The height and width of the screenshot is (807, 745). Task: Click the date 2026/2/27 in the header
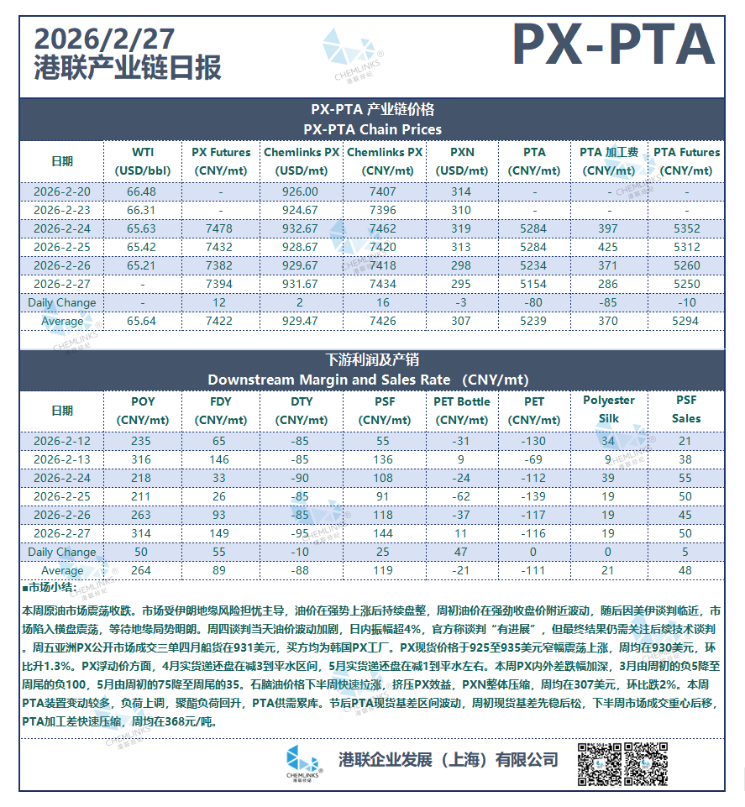[x=106, y=39]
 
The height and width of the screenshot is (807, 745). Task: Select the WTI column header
[x=143, y=160]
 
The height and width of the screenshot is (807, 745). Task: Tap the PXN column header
[x=462, y=160]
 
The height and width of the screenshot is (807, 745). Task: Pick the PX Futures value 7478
[x=221, y=228]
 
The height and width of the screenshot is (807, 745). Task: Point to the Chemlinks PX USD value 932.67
[x=301, y=228]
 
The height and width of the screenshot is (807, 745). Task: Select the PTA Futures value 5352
[x=686, y=228]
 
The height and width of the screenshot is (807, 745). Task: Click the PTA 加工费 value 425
[x=608, y=247]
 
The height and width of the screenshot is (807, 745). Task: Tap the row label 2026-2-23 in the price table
[x=62, y=210]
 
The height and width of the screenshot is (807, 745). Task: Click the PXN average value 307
[x=462, y=321]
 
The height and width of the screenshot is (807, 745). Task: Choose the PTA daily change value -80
[x=534, y=302]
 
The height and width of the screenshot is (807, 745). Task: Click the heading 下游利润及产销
[x=372, y=361]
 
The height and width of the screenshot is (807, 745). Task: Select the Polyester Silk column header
[x=608, y=410]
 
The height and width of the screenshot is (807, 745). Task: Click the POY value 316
[x=142, y=459]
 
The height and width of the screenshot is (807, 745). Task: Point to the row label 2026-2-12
[x=62, y=441]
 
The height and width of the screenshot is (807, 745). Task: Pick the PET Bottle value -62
[x=462, y=496]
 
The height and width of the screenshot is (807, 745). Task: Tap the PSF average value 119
[x=382, y=571]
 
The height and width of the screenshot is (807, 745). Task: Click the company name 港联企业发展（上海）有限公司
[x=447, y=760]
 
